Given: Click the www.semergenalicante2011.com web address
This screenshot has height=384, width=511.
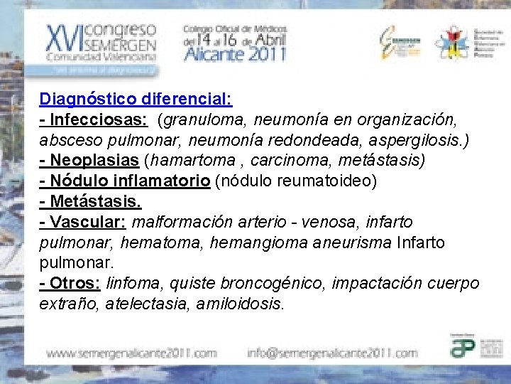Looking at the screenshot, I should pyautogui.click(x=132, y=353).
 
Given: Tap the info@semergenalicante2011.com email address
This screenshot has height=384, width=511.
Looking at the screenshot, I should pyautogui.click(x=332, y=353).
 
